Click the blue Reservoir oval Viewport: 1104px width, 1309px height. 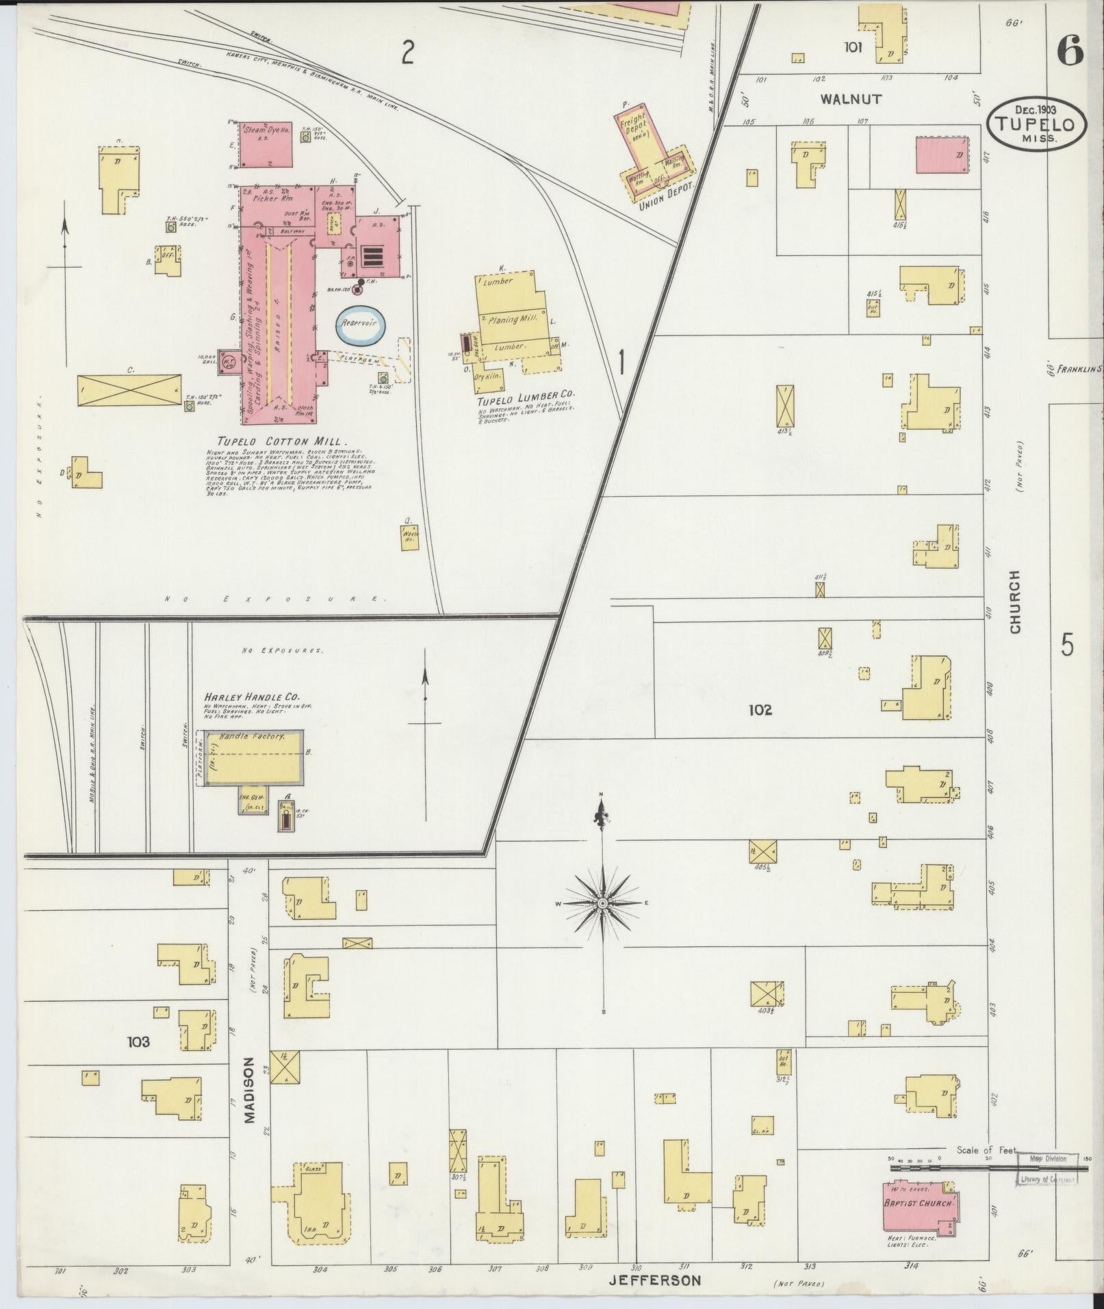[361, 325]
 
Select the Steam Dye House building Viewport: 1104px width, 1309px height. [266, 144]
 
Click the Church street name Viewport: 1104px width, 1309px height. [1014, 601]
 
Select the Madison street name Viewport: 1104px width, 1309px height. [248, 1100]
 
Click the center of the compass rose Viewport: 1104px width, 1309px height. [602, 904]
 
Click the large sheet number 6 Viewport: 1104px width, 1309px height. [1071, 50]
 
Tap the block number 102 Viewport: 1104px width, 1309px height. [760, 710]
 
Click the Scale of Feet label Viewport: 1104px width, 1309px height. [986, 1150]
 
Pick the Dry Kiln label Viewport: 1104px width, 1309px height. [489, 376]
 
